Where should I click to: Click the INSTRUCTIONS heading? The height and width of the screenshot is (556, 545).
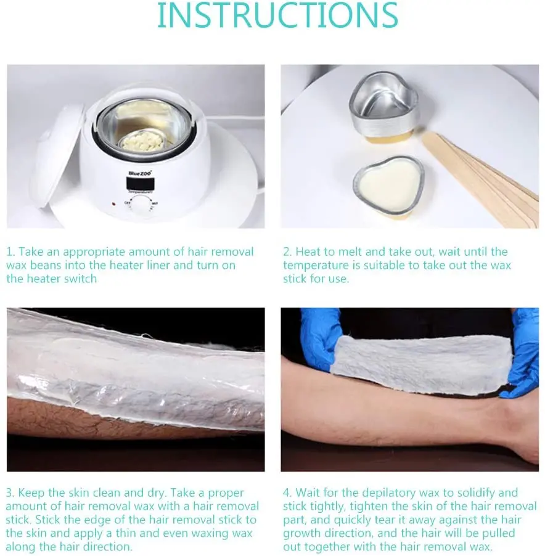277,15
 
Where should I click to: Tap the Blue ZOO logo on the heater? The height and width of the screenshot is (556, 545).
140,173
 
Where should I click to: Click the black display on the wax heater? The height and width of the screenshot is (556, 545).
140,183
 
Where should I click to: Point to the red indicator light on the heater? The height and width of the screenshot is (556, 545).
113,204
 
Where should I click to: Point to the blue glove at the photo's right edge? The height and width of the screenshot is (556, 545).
520,354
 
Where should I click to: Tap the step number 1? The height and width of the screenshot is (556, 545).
10,251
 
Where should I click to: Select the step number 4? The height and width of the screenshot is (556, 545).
287,493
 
